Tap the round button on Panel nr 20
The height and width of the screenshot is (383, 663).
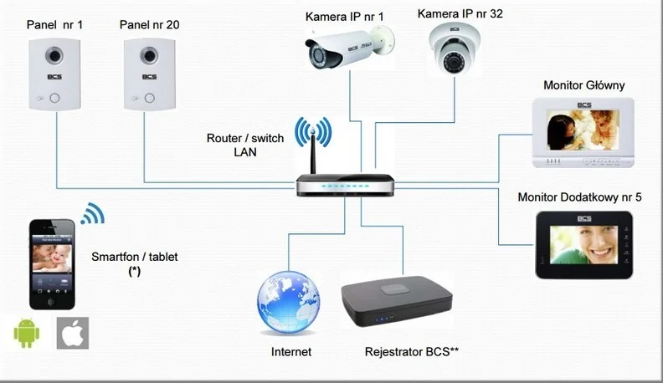click(148, 96)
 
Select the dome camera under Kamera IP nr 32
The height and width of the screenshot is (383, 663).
click(454, 53)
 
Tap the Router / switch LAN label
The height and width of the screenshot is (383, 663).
click(244, 145)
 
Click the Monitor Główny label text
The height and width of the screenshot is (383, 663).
click(583, 85)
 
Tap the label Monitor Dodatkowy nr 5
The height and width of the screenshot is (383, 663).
click(579, 197)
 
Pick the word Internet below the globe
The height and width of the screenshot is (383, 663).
click(291, 352)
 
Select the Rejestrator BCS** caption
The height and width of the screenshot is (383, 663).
click(412, 352)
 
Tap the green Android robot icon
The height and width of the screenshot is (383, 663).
click(27, 332)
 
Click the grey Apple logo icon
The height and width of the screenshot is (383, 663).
click(73, 332)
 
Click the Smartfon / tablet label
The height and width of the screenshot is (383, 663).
click(134, 257)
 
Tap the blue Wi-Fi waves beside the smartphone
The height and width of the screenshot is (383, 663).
click(92, 215)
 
